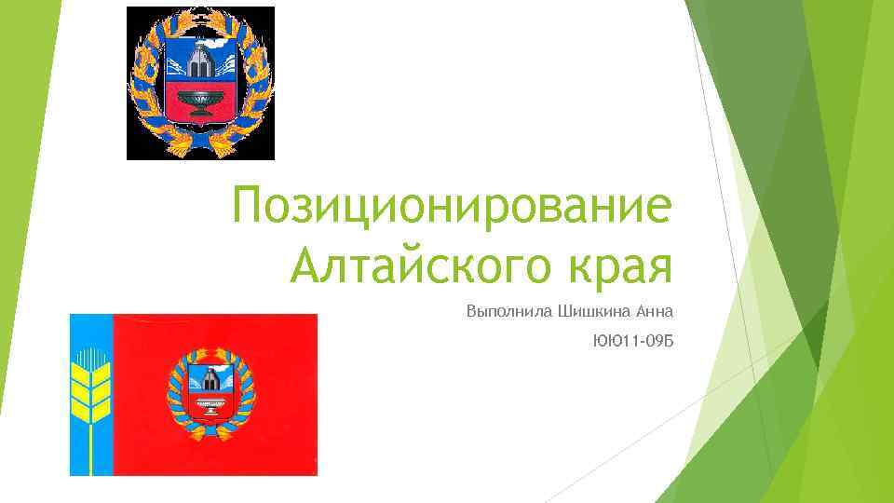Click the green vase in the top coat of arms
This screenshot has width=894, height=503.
(x=200, y=100)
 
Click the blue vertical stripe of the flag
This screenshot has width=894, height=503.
(x=90, y=438)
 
